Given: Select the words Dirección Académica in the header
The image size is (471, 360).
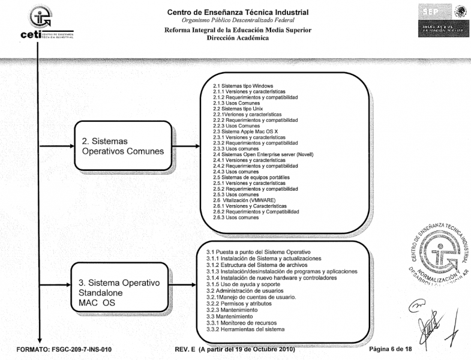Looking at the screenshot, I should [x=238, y=37].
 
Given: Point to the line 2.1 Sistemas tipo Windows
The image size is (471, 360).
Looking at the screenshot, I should [x=239, y=86].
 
